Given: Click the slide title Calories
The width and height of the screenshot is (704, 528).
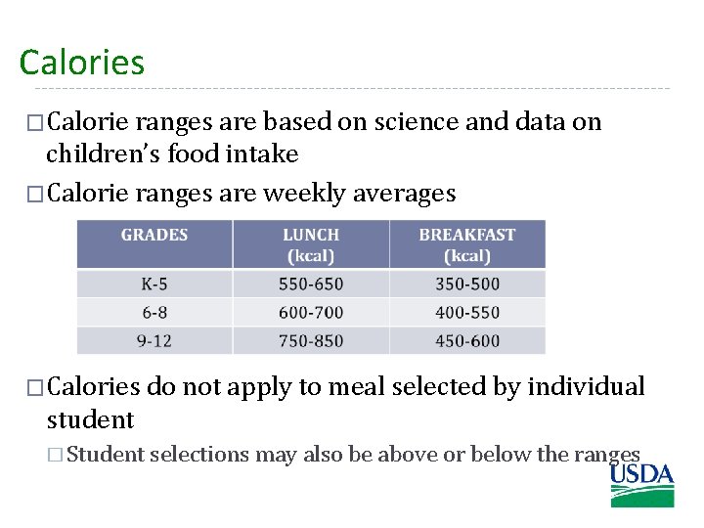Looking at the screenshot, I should tap(81, 63).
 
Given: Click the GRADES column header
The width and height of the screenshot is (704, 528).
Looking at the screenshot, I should tap(154, 235).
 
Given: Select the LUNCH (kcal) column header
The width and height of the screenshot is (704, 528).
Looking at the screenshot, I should tap(311, 244).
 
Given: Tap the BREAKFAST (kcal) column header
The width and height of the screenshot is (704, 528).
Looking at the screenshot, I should tap(466, 244).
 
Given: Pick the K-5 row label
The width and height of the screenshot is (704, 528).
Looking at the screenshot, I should tap(154, 285).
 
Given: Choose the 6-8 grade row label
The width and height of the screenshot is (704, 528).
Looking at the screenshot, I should tap(154, 313).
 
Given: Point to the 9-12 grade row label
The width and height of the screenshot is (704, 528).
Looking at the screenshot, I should tap(154, 341).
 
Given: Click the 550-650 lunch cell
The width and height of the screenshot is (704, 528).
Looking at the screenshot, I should tap(311, 285).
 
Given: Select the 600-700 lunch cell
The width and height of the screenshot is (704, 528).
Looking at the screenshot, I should tap(311, 313).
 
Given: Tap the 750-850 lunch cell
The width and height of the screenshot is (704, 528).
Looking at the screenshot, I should tap(311, 341).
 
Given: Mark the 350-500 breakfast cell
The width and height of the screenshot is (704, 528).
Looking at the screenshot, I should tap(466, 285).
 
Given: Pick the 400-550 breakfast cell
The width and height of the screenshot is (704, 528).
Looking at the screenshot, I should tap(466, 313).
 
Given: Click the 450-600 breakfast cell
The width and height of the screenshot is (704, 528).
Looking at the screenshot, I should tap(466, 341).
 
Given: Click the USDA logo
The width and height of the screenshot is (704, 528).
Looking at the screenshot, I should tap(642, 485).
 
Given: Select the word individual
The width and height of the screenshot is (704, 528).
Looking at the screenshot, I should tap(586, 387).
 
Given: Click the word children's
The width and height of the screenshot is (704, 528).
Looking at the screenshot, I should tap(103, 154).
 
